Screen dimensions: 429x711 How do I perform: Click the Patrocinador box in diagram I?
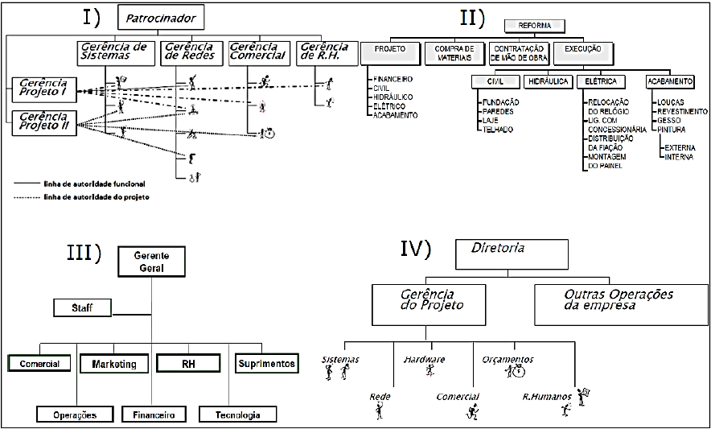pyautogui.click(x=160, y=15)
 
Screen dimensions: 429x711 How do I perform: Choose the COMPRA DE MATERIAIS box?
pyautogui.click(x=454, y=54)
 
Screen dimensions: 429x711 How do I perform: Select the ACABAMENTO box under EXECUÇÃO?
pyautogui.click(x=669, y=82)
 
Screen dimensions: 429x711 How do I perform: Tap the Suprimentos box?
pyautogui.click(x=266, y=364)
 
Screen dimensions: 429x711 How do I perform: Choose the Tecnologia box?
pyautogui.click(x=237, y=415)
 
